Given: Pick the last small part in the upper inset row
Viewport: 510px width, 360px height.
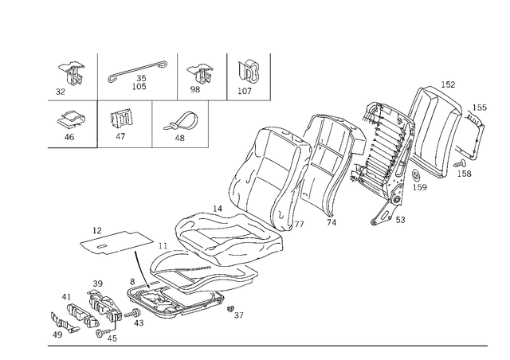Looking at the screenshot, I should tap(249, 72).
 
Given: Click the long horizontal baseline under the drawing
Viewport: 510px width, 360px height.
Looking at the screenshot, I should tap(263, 346).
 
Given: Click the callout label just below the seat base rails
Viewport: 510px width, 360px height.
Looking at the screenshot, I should tap(237, 317).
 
